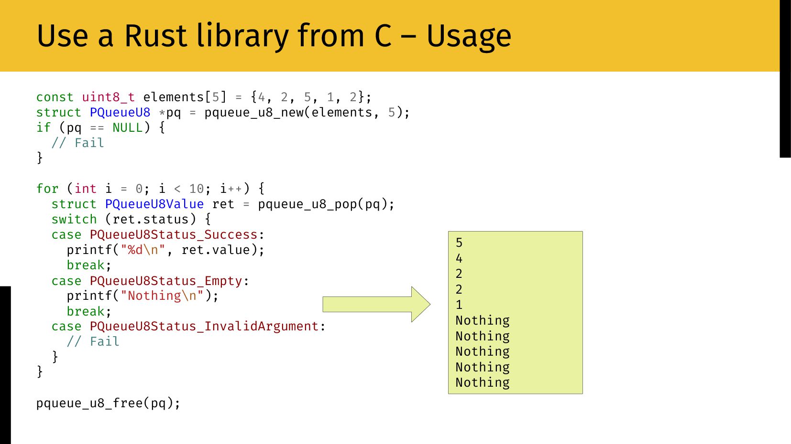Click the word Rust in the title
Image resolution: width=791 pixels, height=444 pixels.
pyautogui.click(x=155, y=36)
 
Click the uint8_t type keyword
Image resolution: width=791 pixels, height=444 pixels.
pyautogui.click(x=108, y=97)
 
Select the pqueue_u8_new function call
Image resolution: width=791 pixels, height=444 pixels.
pyautogui.click(x=254, y=113)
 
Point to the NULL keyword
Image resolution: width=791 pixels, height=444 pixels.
pyautogui.click(x=127, y=128)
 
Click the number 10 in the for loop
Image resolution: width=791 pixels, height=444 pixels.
pyautogui.click(x=197, y=189)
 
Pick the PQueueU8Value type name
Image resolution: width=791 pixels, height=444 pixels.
pyautogui.click(x=154, y=204)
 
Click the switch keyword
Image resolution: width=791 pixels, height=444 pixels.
pyautogui.click(x=74, y=220)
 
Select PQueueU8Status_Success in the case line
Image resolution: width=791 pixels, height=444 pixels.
pyautogui.click(x=174, y=235)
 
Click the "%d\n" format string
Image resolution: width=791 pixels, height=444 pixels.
pyautogui.click(x=143, y=250)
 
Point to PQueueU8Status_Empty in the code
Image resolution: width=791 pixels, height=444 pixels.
pyautogui.click(x=166, y=281)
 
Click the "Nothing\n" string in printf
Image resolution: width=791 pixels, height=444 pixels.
pyautogui.click(x=162, y=296)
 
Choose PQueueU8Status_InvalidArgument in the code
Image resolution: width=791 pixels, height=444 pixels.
pyautogui.click(x=204, y=327)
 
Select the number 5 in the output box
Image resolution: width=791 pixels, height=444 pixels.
pyautogui.click(x=459, y=243)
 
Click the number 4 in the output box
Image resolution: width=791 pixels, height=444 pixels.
pyautogui.click(x=459, y=259)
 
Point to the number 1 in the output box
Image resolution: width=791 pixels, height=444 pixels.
pyautogui.click(x=459, y=305)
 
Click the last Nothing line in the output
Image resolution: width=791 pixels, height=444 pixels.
pyautogui.click(x=483, y=382)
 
